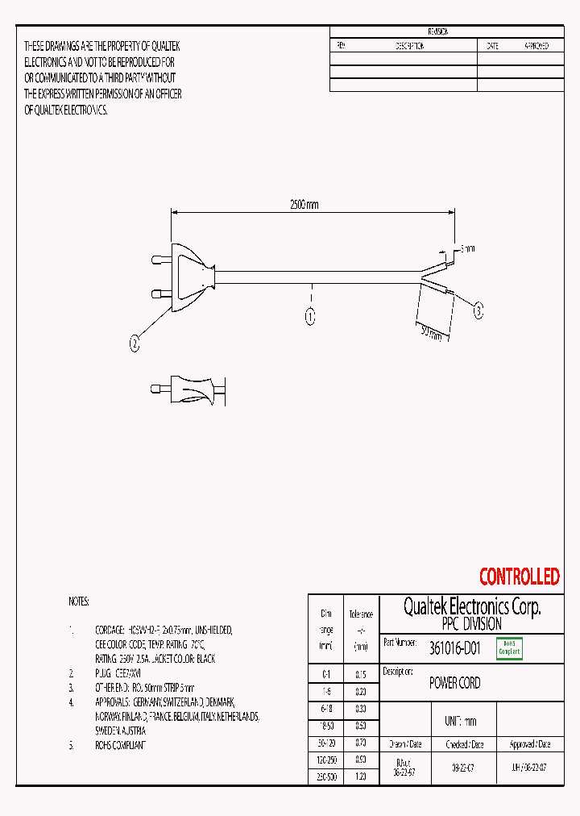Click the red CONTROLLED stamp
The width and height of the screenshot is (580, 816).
pos(519,577)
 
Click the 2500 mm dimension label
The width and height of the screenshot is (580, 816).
pos(304,205)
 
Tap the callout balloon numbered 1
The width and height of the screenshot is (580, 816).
pos(310,317)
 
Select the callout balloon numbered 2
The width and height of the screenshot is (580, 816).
pos(135,343)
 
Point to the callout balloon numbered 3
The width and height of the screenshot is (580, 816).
pos(478,310)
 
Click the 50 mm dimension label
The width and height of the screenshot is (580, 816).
pos(431,332)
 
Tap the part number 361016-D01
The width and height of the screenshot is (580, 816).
pos(455,647)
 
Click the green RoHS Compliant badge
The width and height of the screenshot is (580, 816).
pos(509,648)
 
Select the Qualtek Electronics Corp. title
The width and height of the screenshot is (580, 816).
pos(471,606)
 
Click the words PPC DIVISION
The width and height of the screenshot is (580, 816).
pos(471,624)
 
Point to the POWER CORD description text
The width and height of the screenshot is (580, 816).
pos(454,683)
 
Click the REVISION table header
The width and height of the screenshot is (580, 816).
pos(439,31)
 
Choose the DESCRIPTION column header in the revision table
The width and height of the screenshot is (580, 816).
pos(409,47)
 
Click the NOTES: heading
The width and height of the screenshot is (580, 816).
pos(79,602)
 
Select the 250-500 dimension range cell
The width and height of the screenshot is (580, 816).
pos(326,776)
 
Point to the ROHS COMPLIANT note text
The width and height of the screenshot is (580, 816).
pos(120,746)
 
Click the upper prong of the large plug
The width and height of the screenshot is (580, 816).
pos(160,260)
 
